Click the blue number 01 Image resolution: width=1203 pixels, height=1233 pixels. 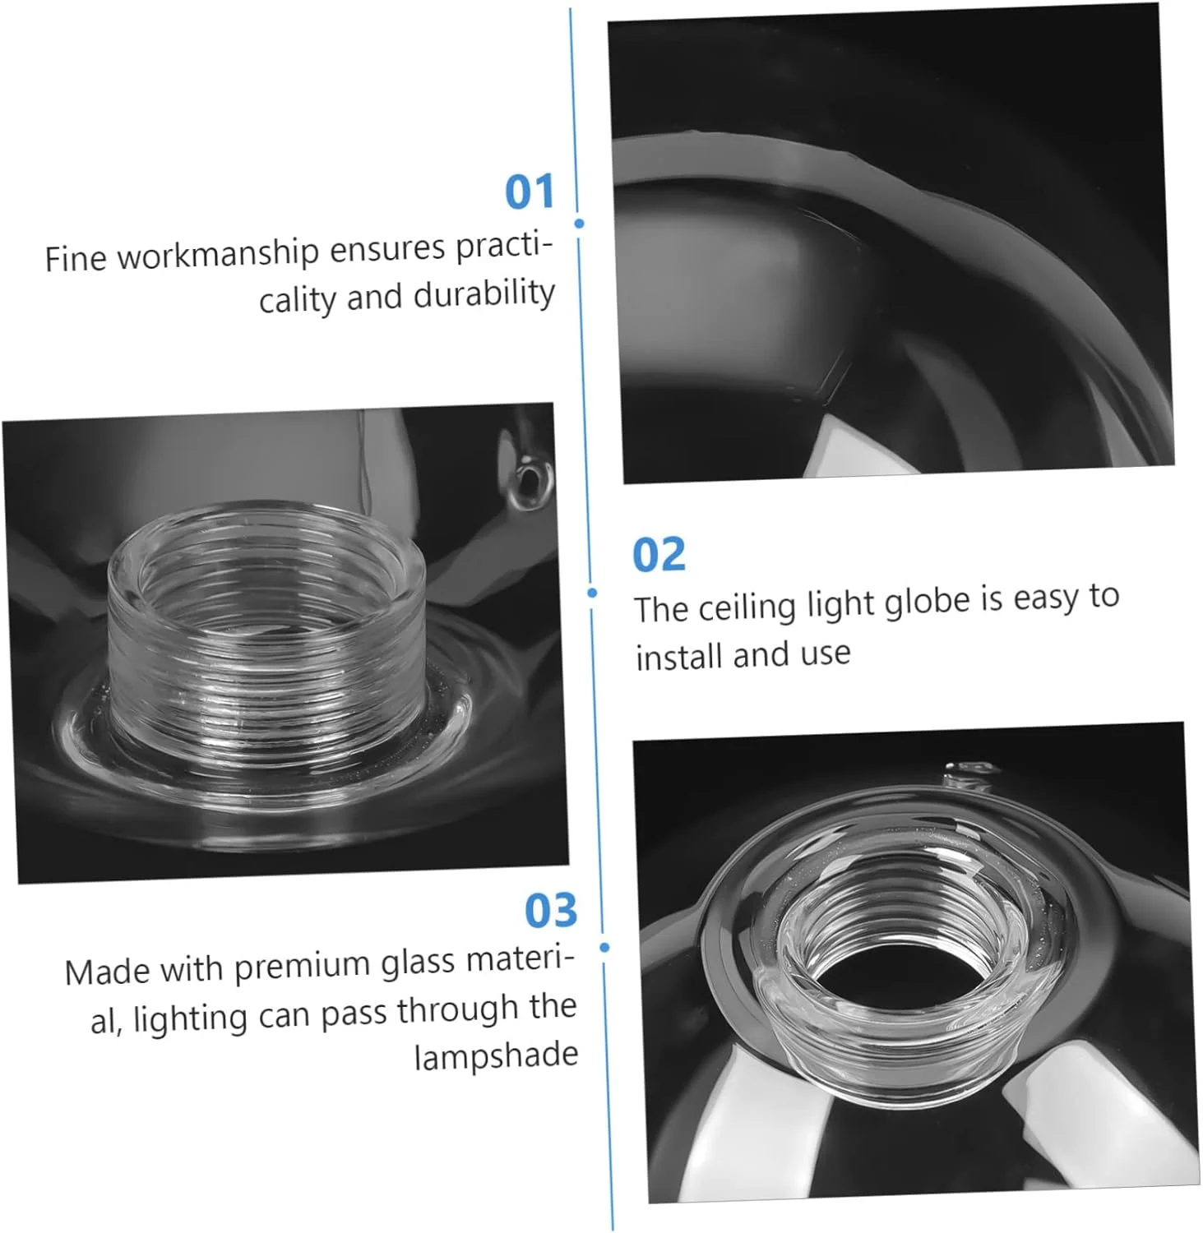530,192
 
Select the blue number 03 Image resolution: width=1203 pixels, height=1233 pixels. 551,910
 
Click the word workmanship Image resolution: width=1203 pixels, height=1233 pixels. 218,254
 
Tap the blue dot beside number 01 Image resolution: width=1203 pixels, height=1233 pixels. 580,224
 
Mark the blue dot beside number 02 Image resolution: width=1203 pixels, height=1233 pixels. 592,593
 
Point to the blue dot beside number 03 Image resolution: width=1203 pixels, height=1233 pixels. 604,948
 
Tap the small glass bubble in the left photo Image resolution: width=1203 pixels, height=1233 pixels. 531,480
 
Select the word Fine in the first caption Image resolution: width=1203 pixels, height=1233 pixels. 76,258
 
